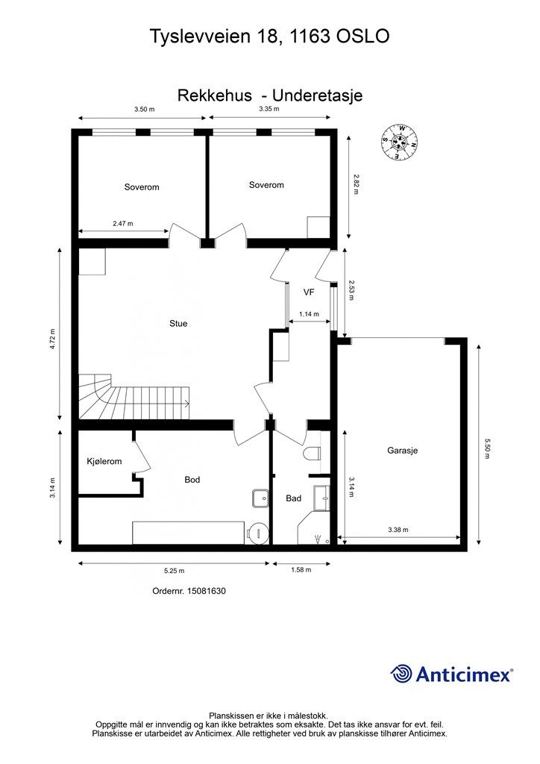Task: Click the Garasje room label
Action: (402, 451)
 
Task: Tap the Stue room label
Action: (178, 324)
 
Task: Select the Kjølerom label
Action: (104, 461)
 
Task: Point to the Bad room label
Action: (294, 498)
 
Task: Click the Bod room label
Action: (192, 480)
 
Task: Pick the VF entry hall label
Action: (309, 292)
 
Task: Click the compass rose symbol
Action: (399, 143)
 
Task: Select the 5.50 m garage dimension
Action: (486, 448)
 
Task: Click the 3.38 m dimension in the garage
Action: (398, 530)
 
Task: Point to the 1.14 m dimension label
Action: (310, 314)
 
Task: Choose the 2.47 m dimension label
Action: (123, 224)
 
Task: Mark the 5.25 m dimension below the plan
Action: (174, 571)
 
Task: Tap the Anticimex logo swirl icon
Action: (401, 674)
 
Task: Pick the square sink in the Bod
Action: (261, 498)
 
